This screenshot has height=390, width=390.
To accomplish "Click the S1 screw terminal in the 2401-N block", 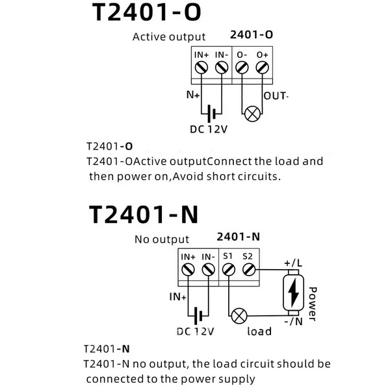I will [228, 268].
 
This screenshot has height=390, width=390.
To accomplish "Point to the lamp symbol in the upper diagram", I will [252, 115].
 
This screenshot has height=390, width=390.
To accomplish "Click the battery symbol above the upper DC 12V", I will [211, 114].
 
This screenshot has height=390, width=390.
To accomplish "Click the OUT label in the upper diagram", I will [275, 96].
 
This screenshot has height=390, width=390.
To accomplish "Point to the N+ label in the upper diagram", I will [193, 95].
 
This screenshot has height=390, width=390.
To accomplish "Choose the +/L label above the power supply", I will [293, 263].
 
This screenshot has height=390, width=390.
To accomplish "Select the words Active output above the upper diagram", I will [169, 37].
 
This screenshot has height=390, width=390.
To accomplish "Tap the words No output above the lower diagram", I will [162, 239].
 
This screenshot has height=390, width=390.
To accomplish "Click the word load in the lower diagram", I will [259, 331].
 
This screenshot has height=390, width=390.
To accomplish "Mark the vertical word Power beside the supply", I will [313, 304].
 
